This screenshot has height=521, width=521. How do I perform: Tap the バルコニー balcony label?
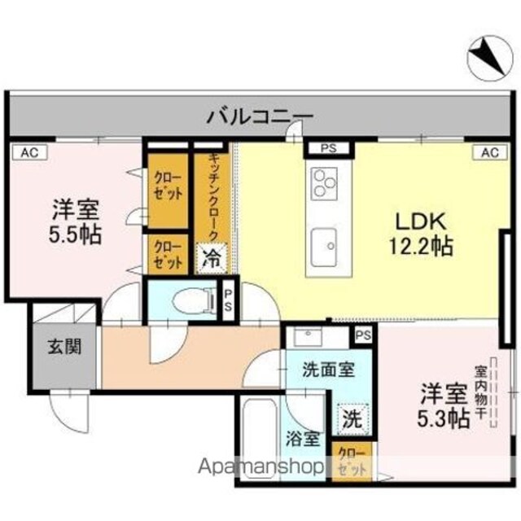pyautogui.click(x=260, y=116)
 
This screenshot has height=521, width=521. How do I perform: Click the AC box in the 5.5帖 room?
pyautogui.click(x=30, y=152)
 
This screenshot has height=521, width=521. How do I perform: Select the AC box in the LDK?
pyautogui.click(x=490, y=152)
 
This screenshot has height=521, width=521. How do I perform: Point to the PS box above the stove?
pyautogui.click(x=329, y=148)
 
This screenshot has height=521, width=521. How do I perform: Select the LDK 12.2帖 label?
pyautogui.click(x=421, y=234)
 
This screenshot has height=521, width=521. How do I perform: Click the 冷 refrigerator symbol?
pyautogui.click(x=212, y=258)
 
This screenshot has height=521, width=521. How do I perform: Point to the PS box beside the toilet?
pyautogui.click(x=228, y=300)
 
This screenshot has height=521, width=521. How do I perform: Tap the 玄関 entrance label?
pyautogui.click(x=64, y=348)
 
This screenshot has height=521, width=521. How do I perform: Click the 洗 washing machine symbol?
pyautogui.click(x=352, y=419)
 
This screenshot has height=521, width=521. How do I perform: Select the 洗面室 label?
pyautogui.click(x=329, y=370)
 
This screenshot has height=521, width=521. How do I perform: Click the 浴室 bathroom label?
pyautogui.click(x=304, y=439)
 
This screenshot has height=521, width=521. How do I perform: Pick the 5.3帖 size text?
pyautogui.click(x=443, y=418)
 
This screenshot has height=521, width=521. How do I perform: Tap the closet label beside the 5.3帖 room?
pyautogui.click(x=352, y=462)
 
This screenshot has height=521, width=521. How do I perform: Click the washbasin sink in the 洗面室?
pyautogui.click(x=309, y=337)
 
